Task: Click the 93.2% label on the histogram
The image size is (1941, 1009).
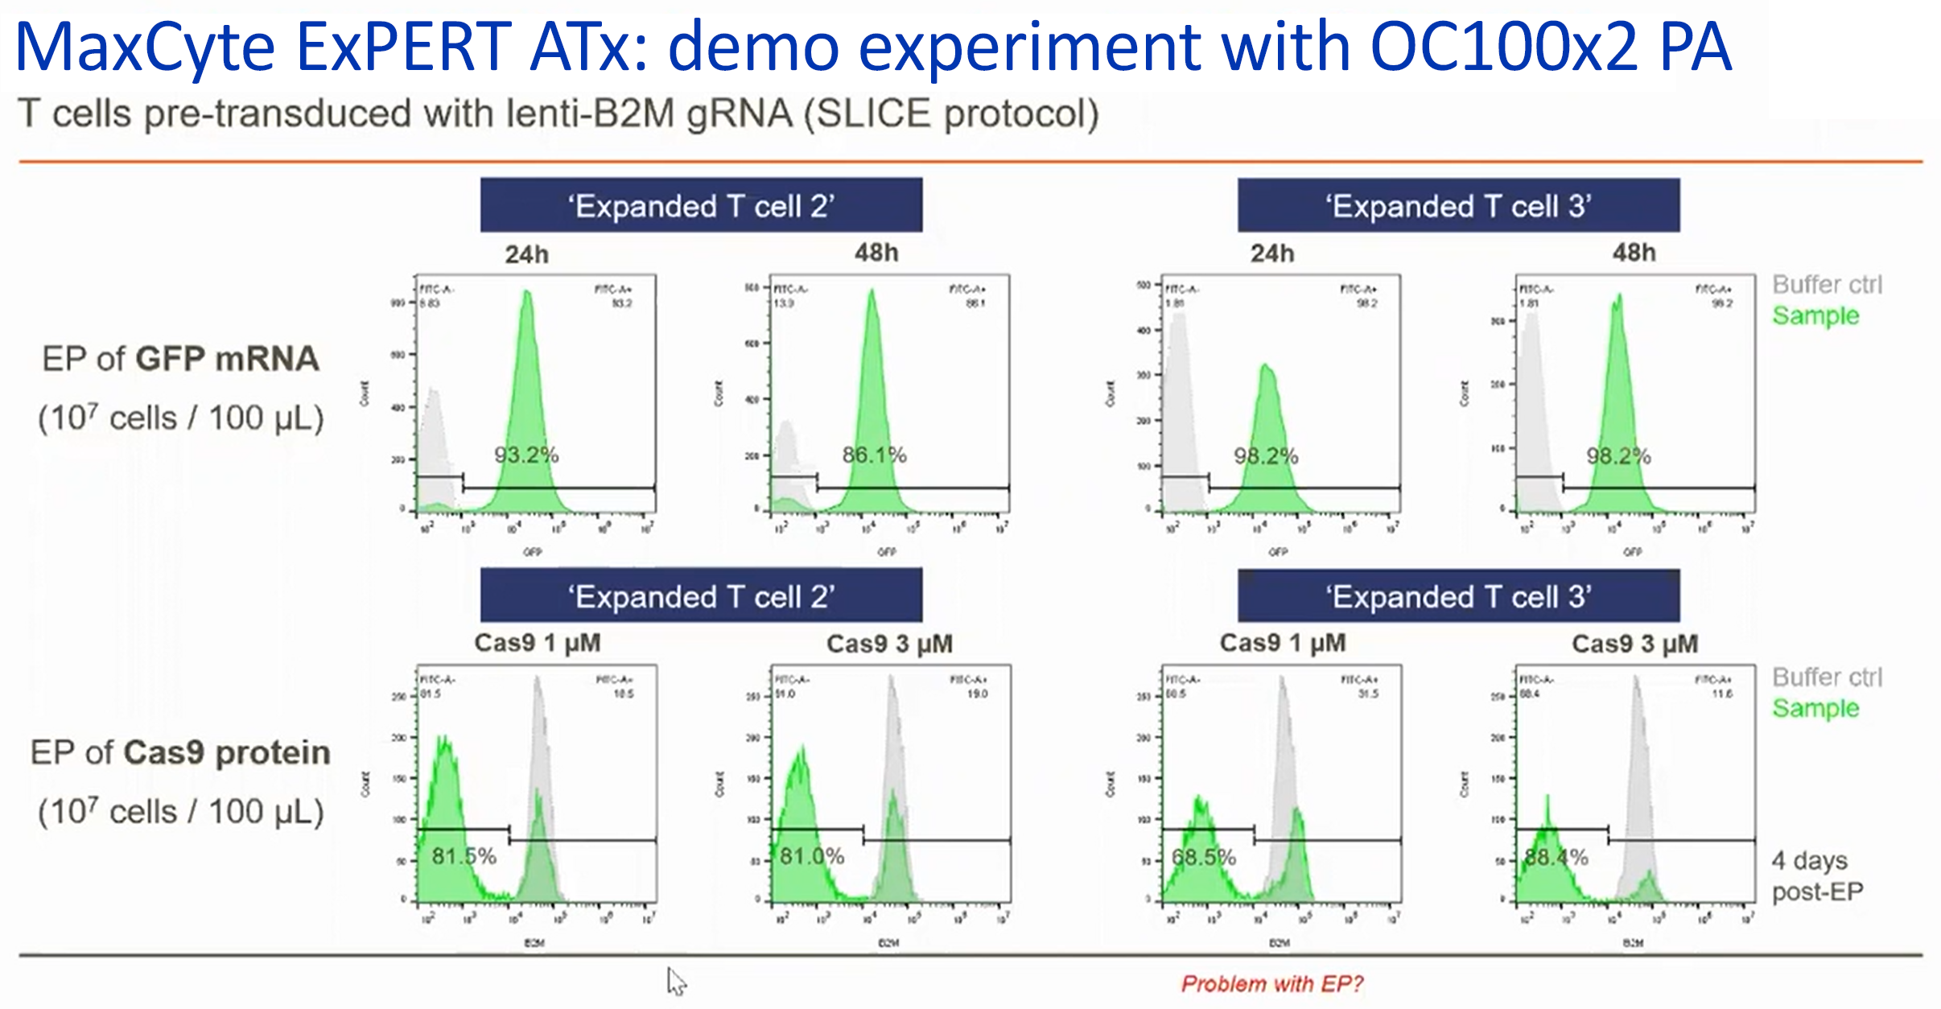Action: pos(526,455)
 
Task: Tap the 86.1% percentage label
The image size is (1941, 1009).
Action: pos(875,455)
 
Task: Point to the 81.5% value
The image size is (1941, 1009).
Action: pos(464,856)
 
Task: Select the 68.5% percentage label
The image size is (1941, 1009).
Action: pos(1204,857)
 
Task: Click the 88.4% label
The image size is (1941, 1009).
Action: pos(1556,857)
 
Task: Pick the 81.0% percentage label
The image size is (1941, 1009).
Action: pos(812,856)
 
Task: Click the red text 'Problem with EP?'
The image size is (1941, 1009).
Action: pos(1272,983)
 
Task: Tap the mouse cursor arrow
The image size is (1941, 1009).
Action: pos(676,981)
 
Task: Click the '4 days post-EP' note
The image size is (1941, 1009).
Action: pos(1817,875)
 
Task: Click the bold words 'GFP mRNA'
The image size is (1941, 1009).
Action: pos(228,359)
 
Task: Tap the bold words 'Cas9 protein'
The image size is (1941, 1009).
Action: pos(227,752)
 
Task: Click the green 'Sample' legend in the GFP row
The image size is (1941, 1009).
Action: pos(1815,315)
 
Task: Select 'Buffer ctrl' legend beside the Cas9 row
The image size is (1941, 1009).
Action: pos(1827,677)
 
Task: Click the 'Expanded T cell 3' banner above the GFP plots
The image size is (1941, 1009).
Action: pos(1458,206)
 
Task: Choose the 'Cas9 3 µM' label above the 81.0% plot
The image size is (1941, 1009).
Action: pos(889,644)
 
